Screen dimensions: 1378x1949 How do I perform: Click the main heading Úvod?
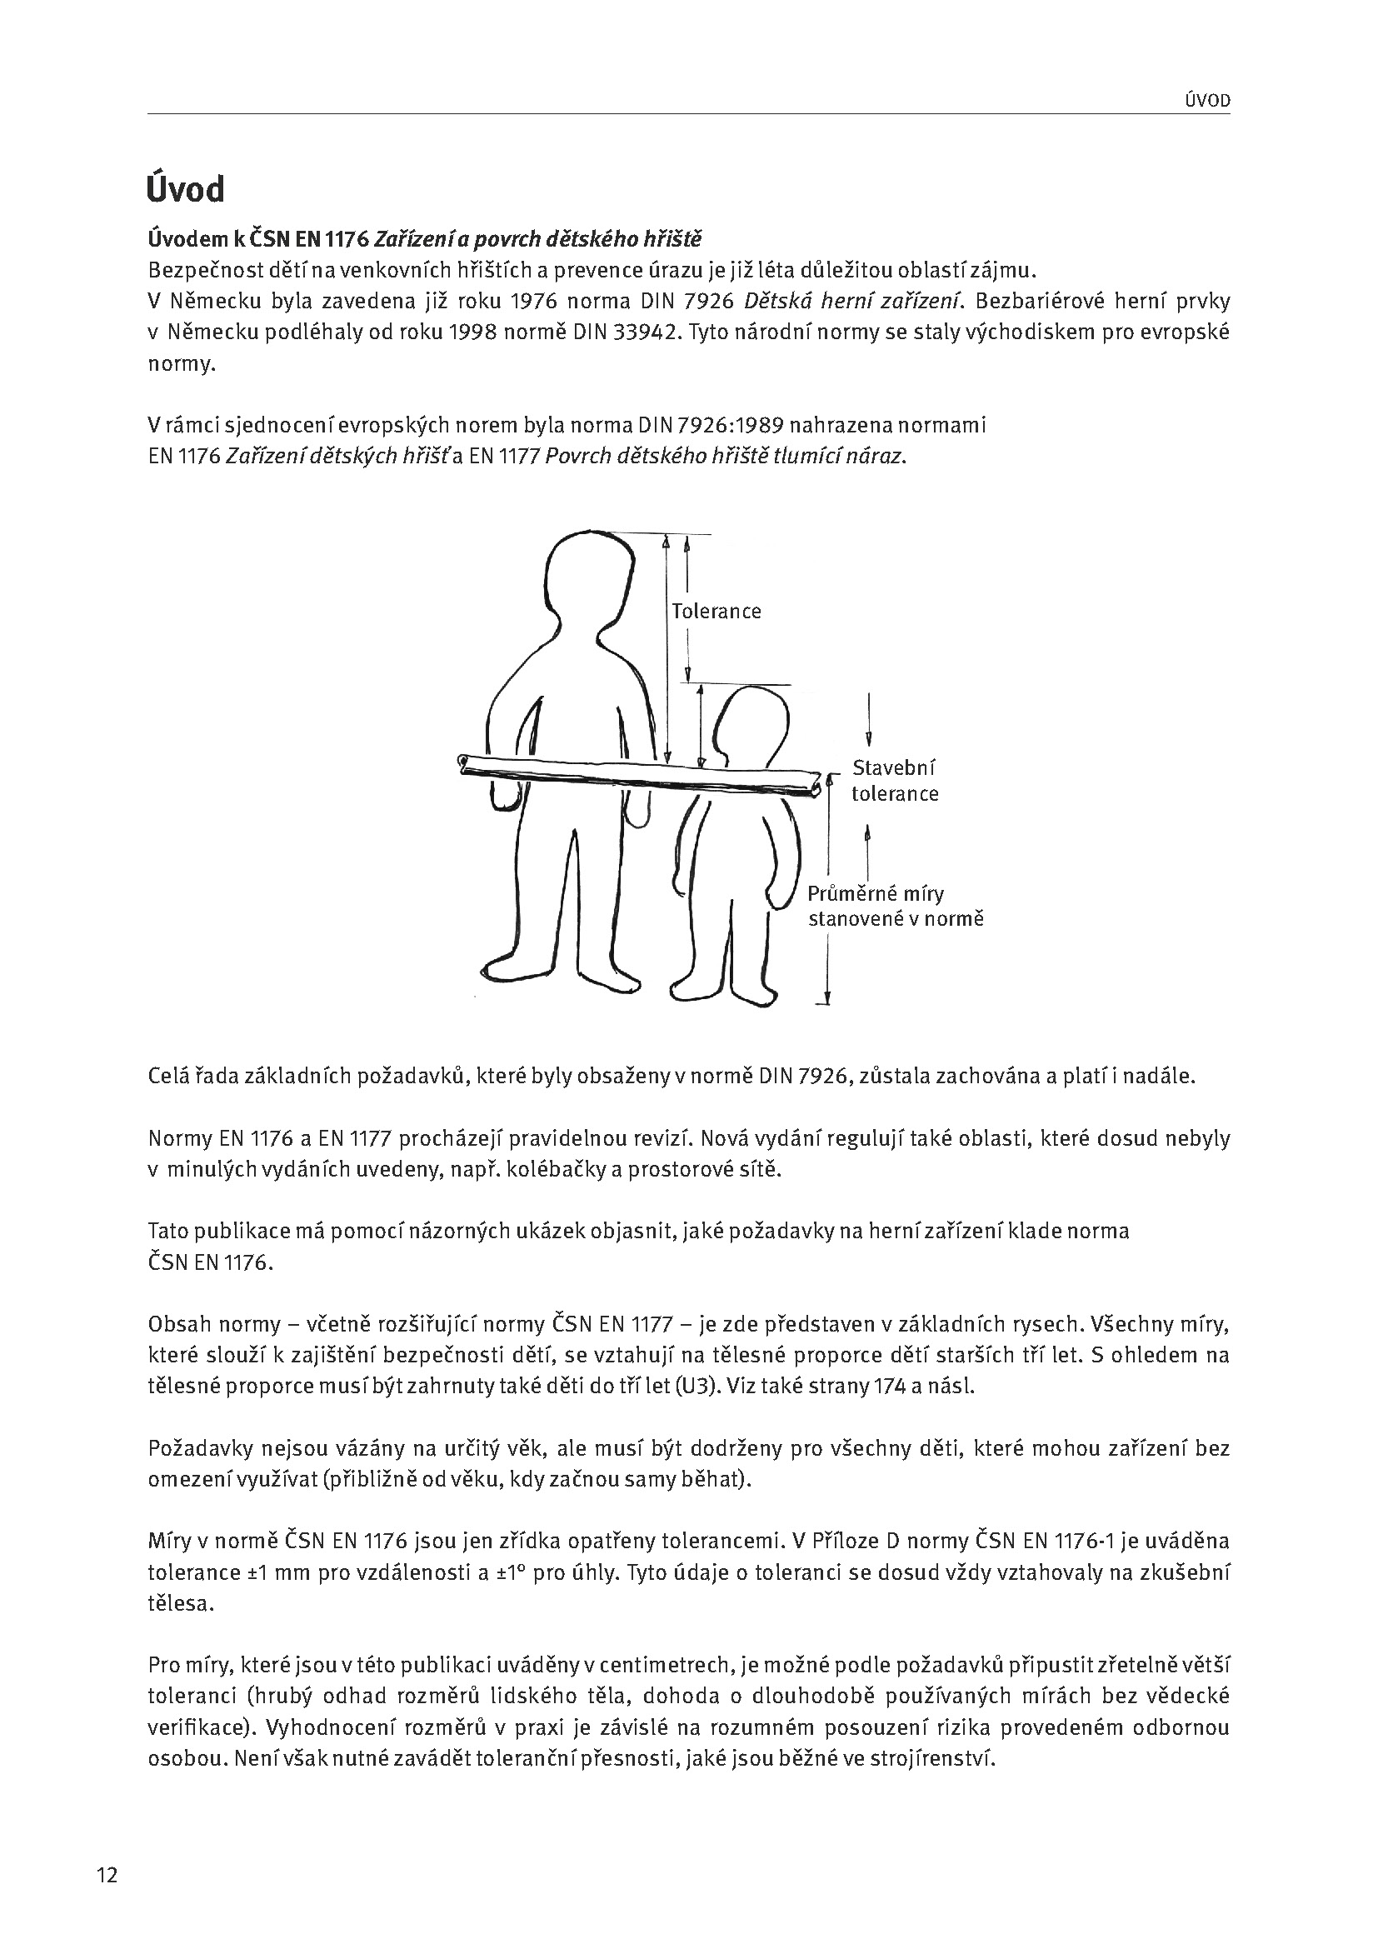point(186,189)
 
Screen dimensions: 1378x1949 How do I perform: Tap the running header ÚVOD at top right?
point(1206,101)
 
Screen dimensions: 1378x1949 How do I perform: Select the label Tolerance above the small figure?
point(716,611)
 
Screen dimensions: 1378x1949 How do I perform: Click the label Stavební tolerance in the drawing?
point(895,781)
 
